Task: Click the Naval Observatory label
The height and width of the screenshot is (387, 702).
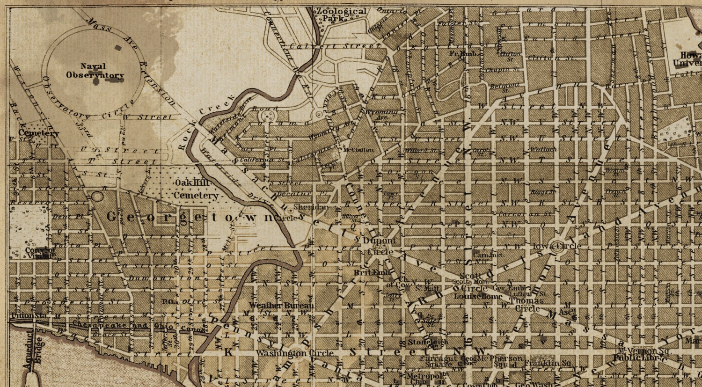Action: [94, 71]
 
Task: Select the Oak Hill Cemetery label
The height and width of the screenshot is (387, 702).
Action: [196, 189]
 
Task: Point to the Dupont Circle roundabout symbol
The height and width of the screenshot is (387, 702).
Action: [380, 247]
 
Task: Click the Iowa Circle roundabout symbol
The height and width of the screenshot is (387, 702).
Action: [557, 250]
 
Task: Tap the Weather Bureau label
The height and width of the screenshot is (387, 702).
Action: [281, 305]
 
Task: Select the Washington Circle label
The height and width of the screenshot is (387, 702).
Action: [295, 353]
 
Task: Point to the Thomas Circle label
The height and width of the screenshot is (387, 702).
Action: [527, 305]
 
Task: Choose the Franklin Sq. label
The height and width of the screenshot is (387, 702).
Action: [548, 363]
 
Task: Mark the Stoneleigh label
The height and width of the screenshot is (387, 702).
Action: [428, 342]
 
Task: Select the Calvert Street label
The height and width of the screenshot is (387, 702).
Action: [334, 46]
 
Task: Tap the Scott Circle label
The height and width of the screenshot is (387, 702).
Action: [470, 282]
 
